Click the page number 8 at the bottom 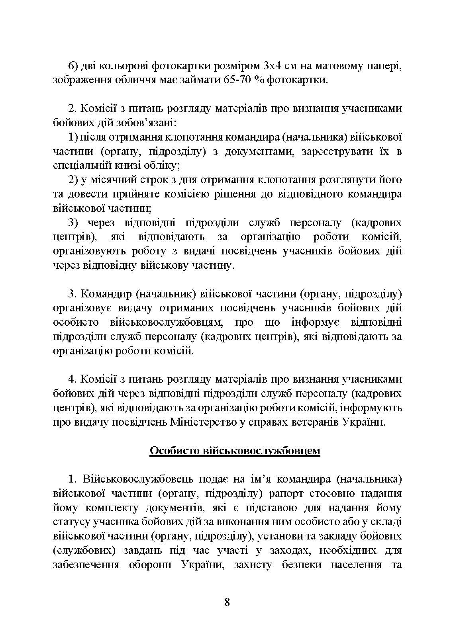click(227, 602)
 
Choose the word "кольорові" click(122, 66)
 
